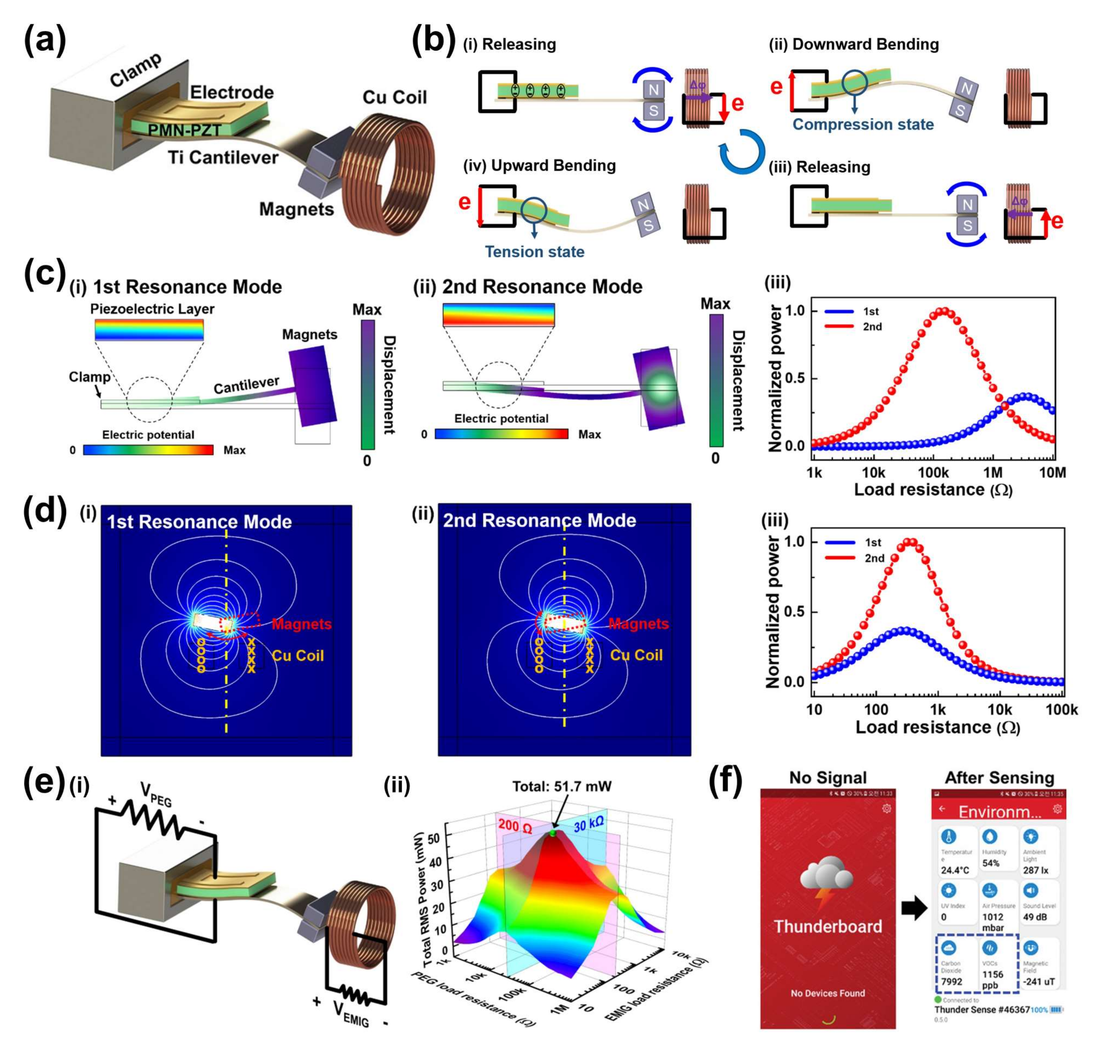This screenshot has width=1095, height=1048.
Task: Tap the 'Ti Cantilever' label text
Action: tap(223, 158)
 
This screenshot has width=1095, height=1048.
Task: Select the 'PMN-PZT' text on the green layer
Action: tap(184, 130)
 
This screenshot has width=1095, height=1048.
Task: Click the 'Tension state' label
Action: tap(534, 252)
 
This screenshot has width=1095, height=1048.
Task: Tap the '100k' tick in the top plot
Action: tap(933, 473)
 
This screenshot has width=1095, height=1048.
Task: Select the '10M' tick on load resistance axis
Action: tap(1052, 473)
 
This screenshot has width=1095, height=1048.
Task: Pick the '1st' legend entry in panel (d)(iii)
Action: tap(873, 542)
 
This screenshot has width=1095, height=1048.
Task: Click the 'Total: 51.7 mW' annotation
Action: tap(562, 786)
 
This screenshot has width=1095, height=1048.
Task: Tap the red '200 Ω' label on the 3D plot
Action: tap(515, 826)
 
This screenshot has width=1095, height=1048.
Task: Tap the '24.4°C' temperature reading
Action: tap(955, 870)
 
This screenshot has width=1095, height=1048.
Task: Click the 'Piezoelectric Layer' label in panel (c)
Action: tap(152, 309)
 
